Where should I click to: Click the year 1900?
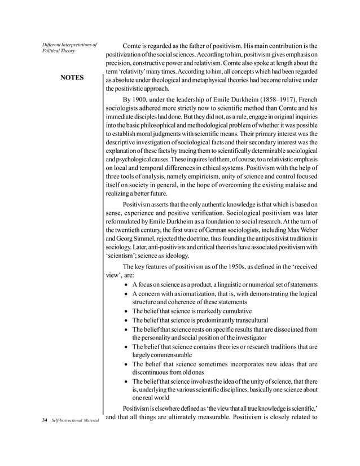(142, 101)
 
